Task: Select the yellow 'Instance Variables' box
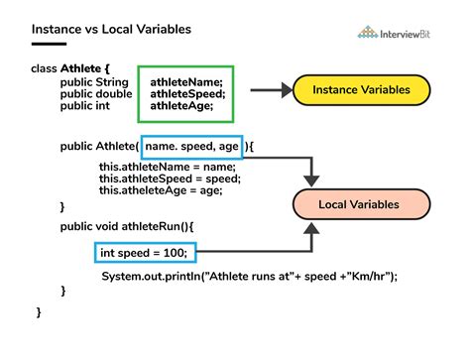[x=362, y=90]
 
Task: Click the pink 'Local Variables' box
[x=358, y=204]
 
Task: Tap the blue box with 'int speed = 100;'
[x=142, y=252]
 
